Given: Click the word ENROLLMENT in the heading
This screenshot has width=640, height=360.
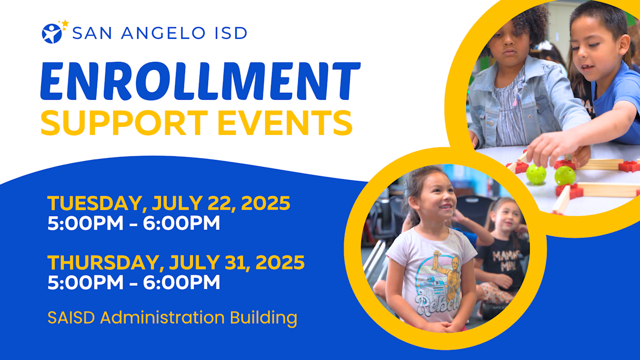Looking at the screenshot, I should click(x=200, y=82).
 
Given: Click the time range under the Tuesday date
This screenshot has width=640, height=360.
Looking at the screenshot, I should click(x=133, y=223).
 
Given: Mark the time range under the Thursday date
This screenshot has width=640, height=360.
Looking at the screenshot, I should click(x=133, y=282).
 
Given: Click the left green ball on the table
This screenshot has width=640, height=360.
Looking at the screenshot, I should click(x=535, y=174).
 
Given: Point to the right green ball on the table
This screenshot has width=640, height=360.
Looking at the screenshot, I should click(x=564, y=175).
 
